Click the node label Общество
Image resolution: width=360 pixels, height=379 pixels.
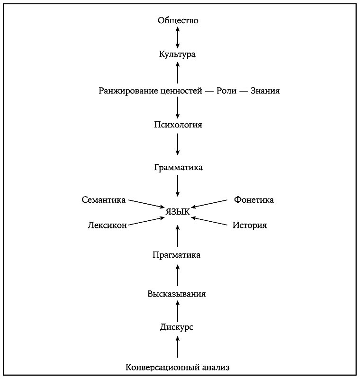178,20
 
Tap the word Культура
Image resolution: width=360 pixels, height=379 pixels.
178,54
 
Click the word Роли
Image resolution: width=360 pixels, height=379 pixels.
226,90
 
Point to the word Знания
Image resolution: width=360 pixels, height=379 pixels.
265,90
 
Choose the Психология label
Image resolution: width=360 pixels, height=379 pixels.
178,125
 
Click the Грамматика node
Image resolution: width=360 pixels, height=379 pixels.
178,168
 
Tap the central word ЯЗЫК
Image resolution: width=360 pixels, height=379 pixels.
178,212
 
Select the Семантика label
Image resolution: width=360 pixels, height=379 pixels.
103,200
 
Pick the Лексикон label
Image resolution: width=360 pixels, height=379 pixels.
107,226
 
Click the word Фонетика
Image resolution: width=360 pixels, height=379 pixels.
254,200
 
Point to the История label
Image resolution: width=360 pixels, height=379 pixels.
250,226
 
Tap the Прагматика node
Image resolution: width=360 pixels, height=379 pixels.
177,255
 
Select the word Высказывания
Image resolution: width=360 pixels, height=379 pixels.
177,294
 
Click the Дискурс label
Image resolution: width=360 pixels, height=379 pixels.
176,327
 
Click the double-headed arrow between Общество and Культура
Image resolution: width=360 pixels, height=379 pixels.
178,37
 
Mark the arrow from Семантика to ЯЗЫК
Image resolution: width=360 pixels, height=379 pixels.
145,204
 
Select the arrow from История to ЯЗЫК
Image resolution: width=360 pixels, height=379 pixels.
210,221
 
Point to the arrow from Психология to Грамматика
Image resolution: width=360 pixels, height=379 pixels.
178,144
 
